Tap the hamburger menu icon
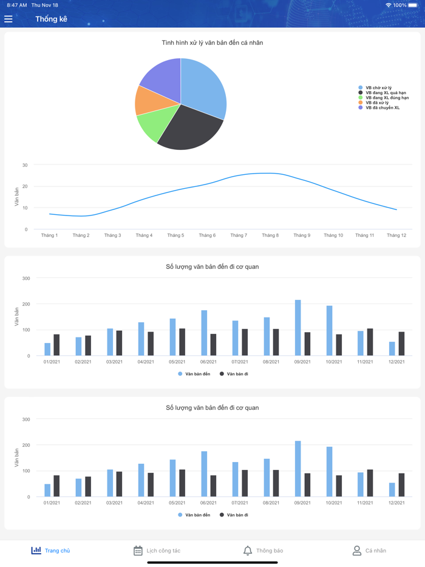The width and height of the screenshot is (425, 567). click(x=8, y=19)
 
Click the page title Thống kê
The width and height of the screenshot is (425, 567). click(x=51, y=19)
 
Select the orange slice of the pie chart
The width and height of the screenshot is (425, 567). click(x=145, y=101)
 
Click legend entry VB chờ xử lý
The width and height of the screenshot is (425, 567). click(x=378, y=88)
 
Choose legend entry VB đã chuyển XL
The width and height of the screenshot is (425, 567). click(x=382, y=107)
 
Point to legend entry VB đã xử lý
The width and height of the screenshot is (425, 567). click(x=377, y=103)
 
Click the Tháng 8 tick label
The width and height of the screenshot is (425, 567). click(x=270, y=236)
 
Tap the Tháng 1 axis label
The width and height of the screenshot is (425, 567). click(x=49, y=236)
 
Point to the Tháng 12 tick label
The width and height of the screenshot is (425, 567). click(x=396, y=236)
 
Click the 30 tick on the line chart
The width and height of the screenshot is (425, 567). click(x=25, y=165)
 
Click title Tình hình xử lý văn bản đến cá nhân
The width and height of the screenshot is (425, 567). click(x=212, y=43)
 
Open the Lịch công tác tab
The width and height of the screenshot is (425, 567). click(x=157, y=551)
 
